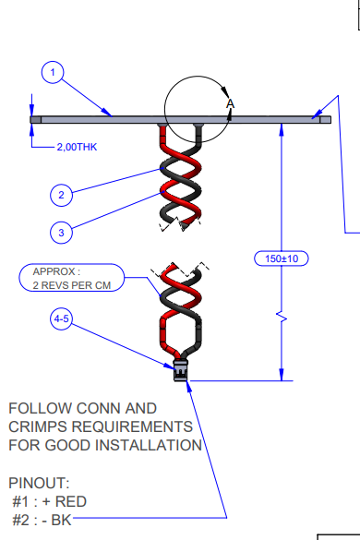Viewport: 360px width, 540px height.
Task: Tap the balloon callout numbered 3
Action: [62, 233]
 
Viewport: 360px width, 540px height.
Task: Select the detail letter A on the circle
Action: [231, 105]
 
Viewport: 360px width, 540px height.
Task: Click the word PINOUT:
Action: [38, 483]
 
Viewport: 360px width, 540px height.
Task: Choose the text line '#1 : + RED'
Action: [52, 501]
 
